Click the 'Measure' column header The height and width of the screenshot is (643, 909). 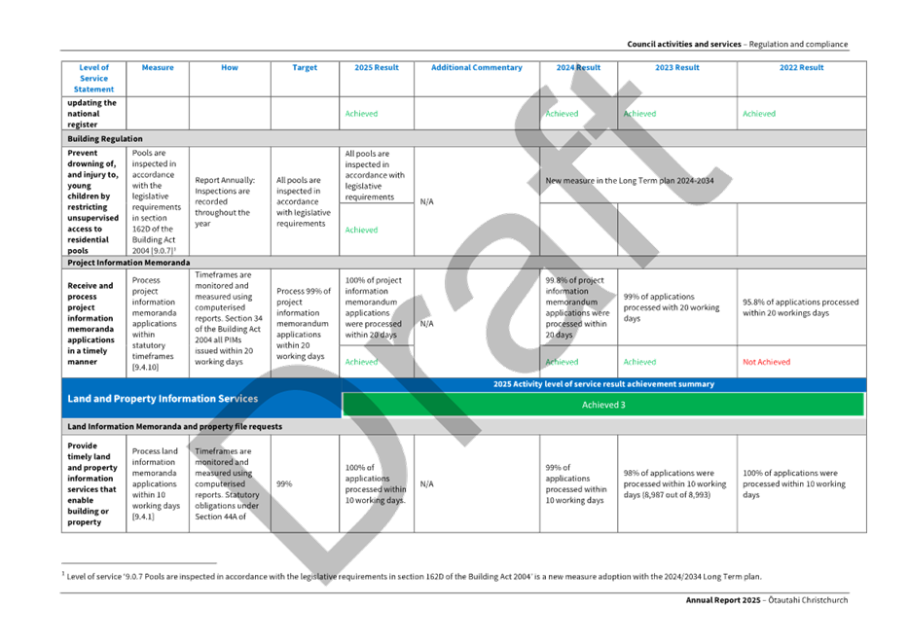click(x=158, y=68)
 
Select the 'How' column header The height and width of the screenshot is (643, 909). click(x=230, y=68)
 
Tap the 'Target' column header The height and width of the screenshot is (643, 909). click(x=306, y=68)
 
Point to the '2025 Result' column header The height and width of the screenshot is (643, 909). click(x=378, y=68)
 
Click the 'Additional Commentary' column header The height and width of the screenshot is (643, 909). click(x=477, y=68)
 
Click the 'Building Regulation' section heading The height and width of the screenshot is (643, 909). click(x=105, y=139)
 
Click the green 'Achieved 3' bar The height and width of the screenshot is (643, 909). click(x=602, y=405)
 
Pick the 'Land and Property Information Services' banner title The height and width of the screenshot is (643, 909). click(x=163, y=398)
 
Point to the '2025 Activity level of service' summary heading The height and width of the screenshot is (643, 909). click(x=603, y=384)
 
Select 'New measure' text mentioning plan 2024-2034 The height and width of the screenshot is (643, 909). click(x=632, y=181)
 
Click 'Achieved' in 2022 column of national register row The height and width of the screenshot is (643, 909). click(x=758, y=114)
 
